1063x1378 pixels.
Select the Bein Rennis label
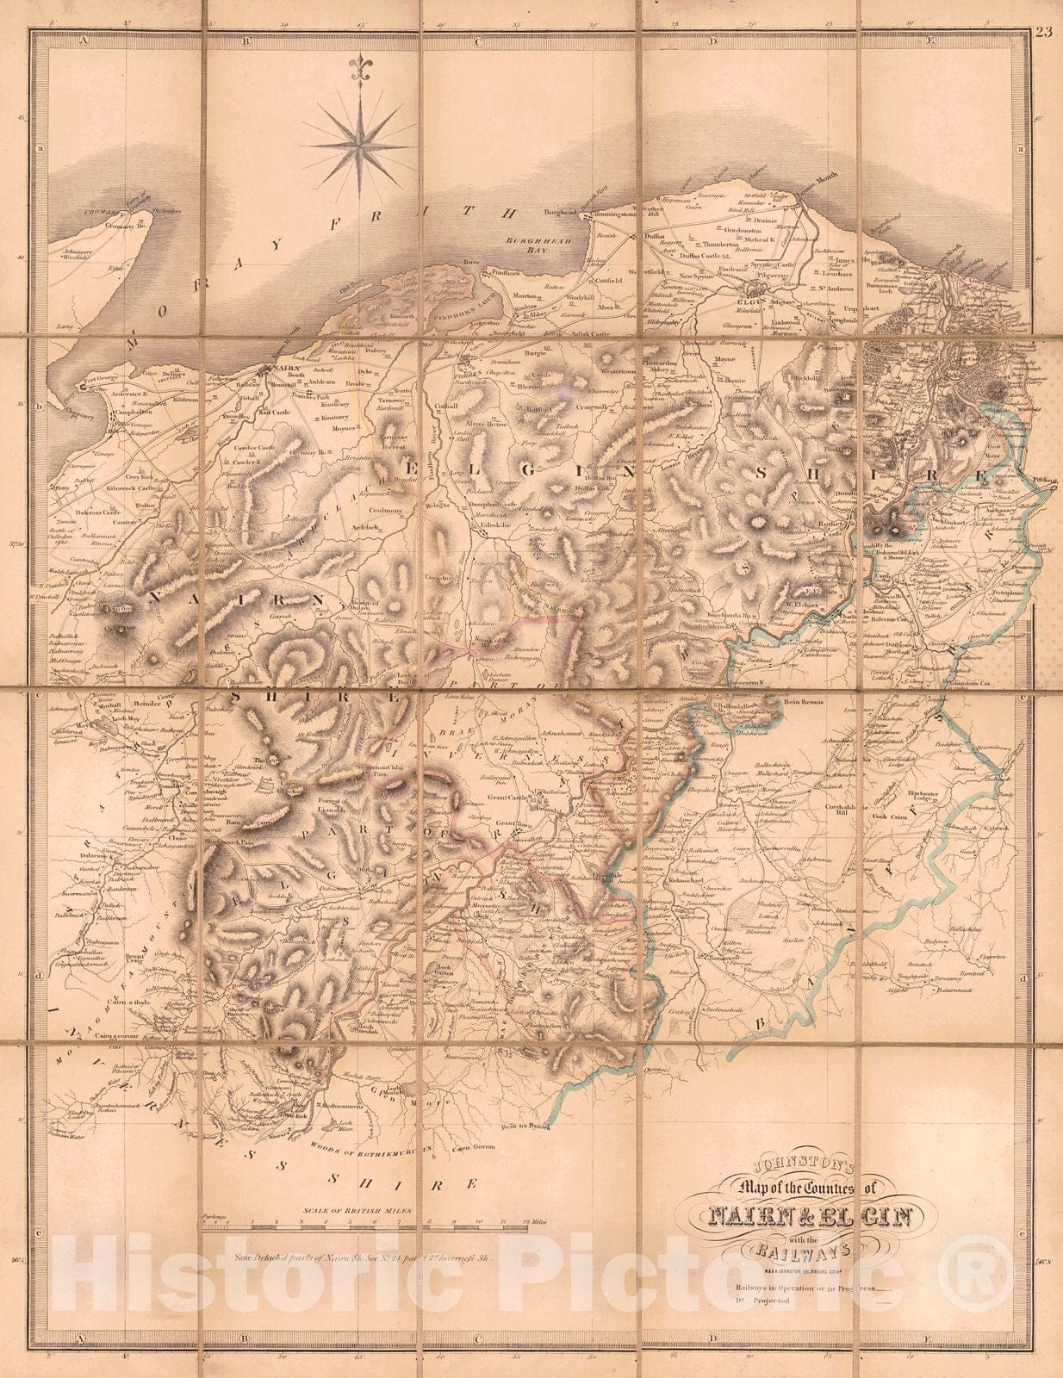pos(804,702)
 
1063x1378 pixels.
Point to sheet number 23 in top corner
pos(1044,34)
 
